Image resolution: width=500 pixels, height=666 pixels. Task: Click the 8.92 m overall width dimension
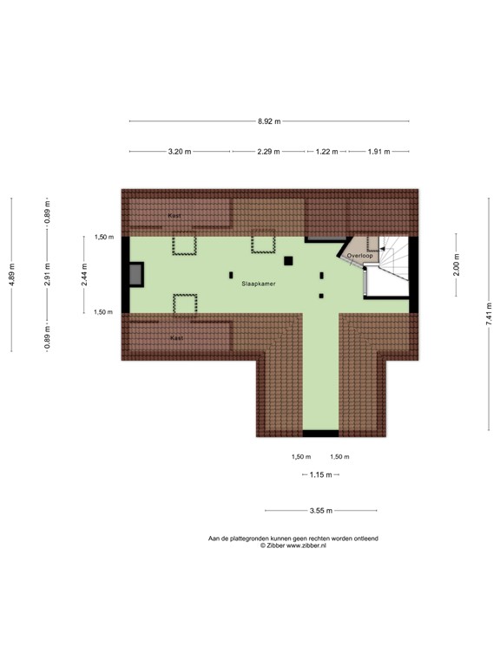(x=269, y=121)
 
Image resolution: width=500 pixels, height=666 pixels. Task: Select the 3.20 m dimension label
(x=180, y=152)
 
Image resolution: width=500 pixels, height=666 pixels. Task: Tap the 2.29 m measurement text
(x=269, y=152)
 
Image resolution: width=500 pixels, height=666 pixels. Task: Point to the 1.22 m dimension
(x=327, y=152)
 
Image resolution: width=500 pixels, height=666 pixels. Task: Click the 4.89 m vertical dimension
(x=11, y=274)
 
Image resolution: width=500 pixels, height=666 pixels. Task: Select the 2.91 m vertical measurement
(x=48, y=274)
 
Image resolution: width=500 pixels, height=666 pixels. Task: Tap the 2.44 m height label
(x=84, y=274)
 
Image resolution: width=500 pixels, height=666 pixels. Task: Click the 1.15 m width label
(x=319, y=474)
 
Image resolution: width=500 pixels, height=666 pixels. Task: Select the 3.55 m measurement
(x=319, y=511)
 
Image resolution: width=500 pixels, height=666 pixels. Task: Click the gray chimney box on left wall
(x=135, y=275)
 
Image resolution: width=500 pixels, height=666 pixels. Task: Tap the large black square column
(x=288, y=260)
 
